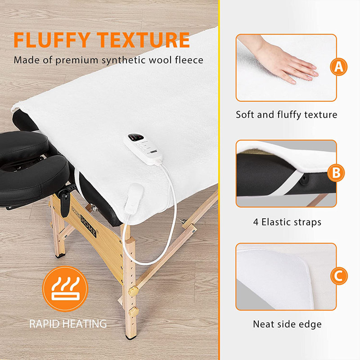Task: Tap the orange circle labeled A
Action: point(337,67)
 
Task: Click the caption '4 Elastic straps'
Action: point(286,222)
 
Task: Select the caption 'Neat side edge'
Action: point(287,324)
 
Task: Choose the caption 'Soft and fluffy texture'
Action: point(286,115)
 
